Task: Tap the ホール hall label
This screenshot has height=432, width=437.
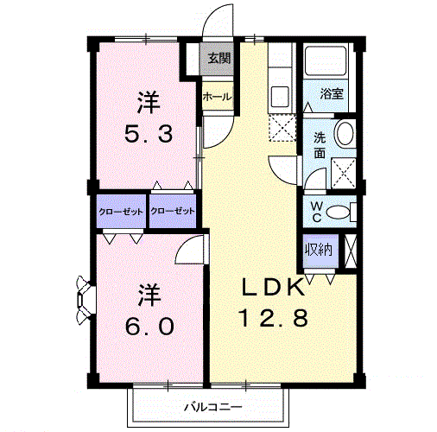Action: [218, 97]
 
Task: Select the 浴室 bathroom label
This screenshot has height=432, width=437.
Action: [332, 93]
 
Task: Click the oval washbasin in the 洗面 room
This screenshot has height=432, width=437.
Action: [345, 134]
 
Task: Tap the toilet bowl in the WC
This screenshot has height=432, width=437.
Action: [338, 213]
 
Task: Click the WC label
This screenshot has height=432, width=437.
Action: [317, 212]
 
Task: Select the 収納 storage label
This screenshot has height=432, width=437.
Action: [319, 250]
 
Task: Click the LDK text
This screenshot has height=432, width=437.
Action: [274, 288]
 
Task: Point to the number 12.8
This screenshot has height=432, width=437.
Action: [275, 317]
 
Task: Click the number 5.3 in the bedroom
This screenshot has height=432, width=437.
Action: [149, 135]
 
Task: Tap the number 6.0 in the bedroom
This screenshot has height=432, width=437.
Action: [149, 327]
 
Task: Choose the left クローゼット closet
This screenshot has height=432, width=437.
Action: [121, 212]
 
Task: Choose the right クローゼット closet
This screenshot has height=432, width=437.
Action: [173, 211]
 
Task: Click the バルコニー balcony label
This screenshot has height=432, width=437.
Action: [213, 407]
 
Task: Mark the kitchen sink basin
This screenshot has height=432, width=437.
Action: [280, 96]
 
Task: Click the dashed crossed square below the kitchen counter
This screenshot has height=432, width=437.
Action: [282, 128]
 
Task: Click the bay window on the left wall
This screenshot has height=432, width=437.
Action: [84, 299]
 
